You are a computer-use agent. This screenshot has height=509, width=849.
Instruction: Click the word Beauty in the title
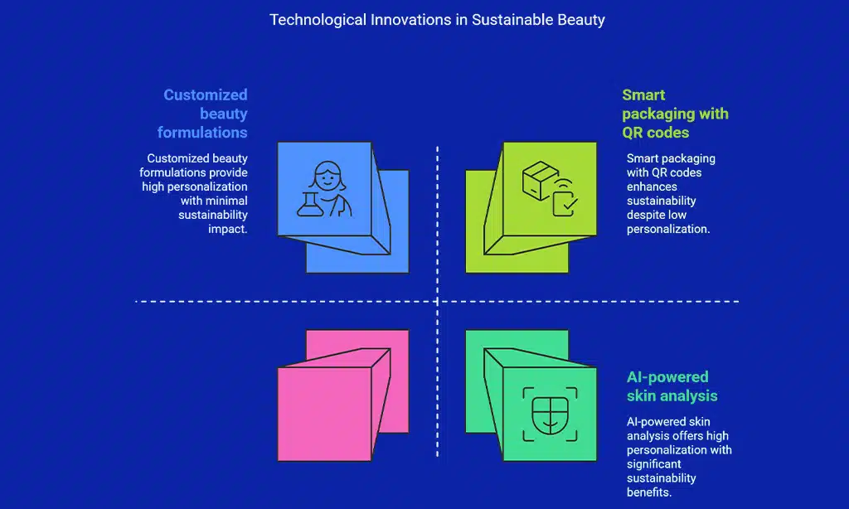580,19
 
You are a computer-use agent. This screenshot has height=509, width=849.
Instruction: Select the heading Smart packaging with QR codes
674,114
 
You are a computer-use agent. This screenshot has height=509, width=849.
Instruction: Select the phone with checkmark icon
566,198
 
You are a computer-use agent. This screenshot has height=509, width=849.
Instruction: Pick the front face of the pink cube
324,414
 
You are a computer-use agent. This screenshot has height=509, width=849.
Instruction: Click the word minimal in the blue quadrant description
226,201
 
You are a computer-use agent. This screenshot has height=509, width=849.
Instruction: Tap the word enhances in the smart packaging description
651,187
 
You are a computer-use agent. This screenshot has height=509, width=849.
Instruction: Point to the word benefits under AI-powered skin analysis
647,492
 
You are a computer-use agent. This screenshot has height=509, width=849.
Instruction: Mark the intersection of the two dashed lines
437,301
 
